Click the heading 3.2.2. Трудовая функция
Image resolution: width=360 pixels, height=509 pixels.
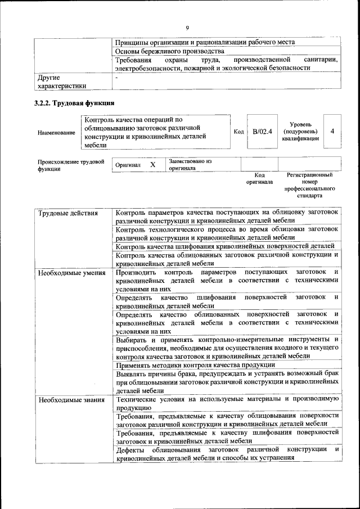click(x=74, y=103)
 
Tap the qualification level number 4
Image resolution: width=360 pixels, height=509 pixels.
click(x=332, y=131)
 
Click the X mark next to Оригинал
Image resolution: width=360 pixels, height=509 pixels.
click(x=152, y=165)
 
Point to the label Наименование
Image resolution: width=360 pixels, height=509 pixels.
click(x=56, y=133)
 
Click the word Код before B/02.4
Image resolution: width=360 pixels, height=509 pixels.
click(x=238, y=132)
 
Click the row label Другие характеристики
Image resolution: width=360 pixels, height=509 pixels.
click(x=61, y=82)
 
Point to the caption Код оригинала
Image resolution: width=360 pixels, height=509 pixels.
click(x=259, y=178)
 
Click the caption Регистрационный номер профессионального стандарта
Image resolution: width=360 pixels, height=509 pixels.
click(x=309, y=186)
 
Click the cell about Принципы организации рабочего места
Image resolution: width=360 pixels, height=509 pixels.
click(x=205, y=42)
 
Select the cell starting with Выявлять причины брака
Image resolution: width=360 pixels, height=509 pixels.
click(x=227, y=381)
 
